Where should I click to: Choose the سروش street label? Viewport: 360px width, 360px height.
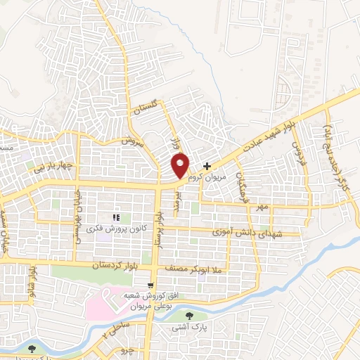[131, 140]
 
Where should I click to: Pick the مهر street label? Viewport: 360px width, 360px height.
[263, 207]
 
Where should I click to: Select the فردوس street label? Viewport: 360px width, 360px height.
[297, 151]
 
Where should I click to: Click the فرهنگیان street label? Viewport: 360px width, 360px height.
[243, 184]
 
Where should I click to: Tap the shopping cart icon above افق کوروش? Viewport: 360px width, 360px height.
[150, 285]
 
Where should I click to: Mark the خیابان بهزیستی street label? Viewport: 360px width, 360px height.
[79, 214]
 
